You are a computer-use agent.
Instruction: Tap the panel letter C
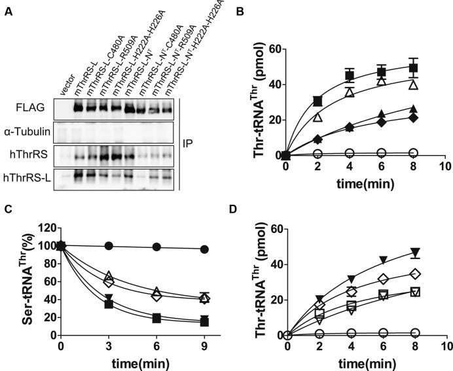pos(8,211)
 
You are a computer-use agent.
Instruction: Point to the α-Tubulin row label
pos(33,132)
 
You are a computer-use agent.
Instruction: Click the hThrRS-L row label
pos(31,176)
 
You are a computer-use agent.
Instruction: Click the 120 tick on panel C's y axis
pos(45,229)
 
